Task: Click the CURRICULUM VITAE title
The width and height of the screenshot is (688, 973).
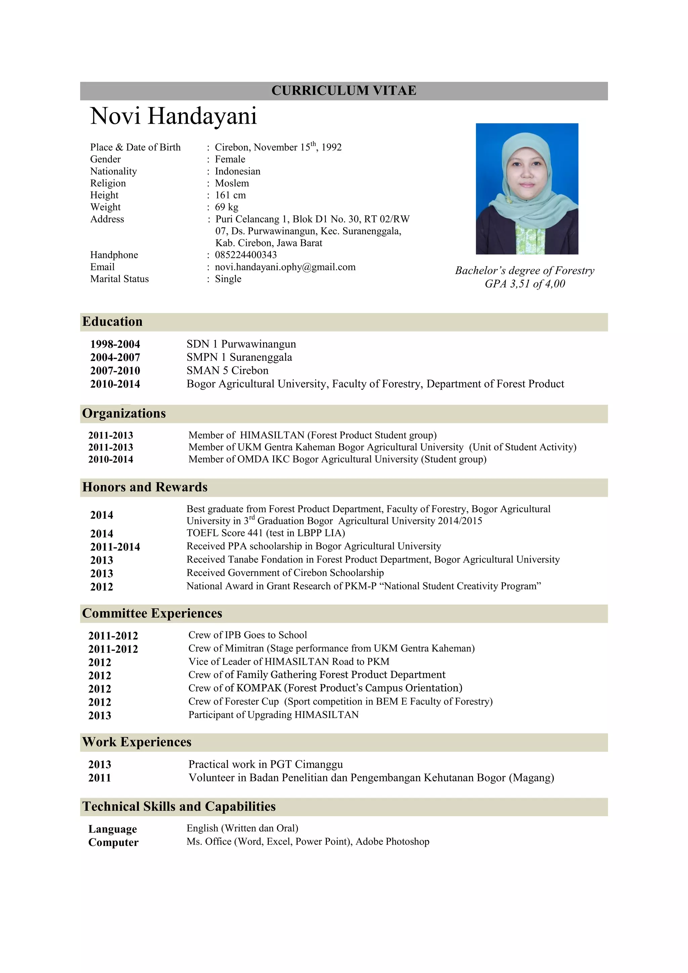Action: [343, 91]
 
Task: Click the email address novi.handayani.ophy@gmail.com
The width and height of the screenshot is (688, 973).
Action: [285, 267]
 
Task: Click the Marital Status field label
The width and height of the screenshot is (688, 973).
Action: [119, 279]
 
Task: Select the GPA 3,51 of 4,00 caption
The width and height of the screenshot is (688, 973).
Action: [524, 284]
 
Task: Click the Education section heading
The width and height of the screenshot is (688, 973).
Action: [112, 322]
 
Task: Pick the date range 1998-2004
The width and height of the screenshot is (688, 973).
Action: [115, 344]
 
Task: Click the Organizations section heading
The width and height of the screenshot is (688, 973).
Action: [124, 413]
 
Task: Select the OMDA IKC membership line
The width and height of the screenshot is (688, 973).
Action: [337, 459]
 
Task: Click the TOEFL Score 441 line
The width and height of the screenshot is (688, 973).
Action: [265, 533]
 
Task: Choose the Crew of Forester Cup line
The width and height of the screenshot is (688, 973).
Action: [340, 701]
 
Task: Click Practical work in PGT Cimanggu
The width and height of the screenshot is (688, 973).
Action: [265, 764]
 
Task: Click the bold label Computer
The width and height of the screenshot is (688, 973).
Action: [113, 842]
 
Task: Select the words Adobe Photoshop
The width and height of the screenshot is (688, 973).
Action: [392, 842]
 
